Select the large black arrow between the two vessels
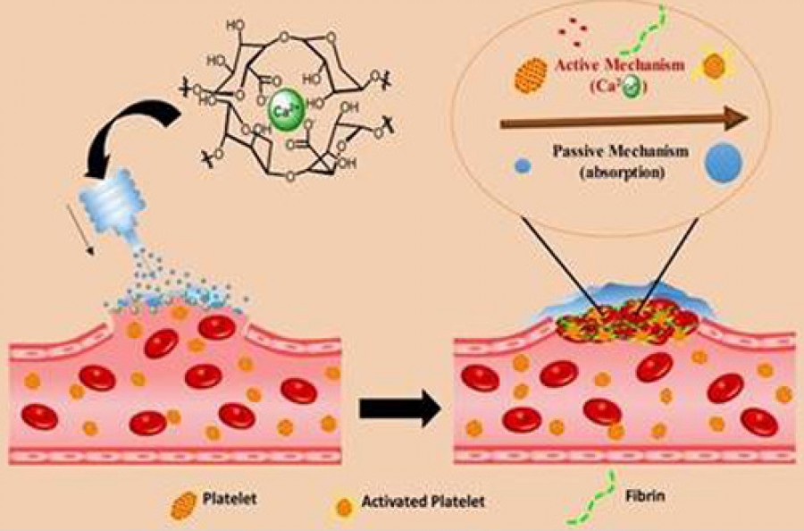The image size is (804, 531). [400, 410]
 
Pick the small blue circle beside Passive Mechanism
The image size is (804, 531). [519, 165]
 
